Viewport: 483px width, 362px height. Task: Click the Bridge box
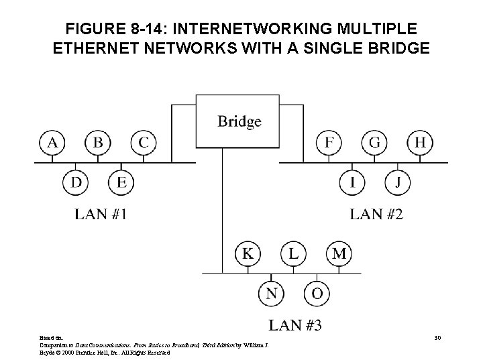(239, 121)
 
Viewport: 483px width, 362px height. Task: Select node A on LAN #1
(52, 143)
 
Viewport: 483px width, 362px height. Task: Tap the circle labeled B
(98, 143)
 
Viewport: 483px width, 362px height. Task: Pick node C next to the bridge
(143, 143)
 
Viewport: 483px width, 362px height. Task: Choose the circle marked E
(121, 182)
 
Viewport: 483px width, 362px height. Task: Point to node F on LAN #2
(329, 143)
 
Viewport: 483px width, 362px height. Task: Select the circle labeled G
(374, 143)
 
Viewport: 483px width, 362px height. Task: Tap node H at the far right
(420, 143)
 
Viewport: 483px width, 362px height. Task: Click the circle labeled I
(352, 182)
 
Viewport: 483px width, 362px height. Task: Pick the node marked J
(397, 182)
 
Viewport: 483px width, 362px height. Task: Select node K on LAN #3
(248, 254)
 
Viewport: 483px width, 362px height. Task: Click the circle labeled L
(293, 254)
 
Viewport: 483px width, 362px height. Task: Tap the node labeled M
(339, 254)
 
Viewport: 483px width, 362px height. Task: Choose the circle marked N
(271, 293)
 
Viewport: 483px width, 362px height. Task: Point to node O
(316, 293)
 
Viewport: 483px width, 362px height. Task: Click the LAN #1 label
(101, 215)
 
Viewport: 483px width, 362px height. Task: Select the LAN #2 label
(377, 215)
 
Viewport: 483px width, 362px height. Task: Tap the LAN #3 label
(295, 326)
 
